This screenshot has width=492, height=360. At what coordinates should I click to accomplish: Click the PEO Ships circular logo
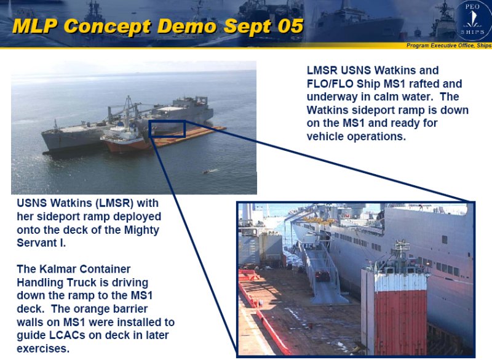(x=473, y=21)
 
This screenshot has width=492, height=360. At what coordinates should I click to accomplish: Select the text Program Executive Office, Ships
(x=449, y=46)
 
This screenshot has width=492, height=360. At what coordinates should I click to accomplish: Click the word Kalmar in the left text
(x=58, y=269)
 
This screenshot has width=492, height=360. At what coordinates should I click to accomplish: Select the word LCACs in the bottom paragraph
(x=67, y=335)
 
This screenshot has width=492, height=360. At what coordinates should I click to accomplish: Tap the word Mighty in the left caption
(x=141, y=230)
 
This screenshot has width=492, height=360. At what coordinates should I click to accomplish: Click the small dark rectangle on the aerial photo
(x=167, y=129)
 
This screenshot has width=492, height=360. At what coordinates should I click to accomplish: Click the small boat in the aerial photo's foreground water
(x=210, y=171)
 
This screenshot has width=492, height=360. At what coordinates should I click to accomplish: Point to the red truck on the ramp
(x=322, y=276)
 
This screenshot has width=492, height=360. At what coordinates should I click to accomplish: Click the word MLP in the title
(x=35, y=26)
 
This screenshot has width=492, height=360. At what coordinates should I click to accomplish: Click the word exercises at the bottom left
(x=43, y=348)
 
